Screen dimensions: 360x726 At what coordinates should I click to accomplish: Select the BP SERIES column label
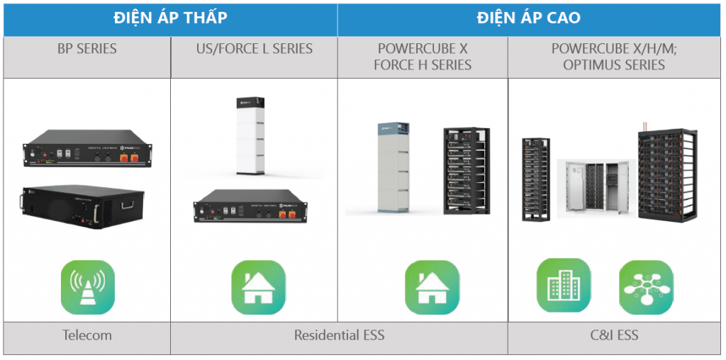87,49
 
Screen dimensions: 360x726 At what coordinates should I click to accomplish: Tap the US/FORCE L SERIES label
254,49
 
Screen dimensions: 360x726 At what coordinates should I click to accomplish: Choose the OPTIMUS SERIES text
614,65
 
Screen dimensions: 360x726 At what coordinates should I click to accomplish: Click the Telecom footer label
86,335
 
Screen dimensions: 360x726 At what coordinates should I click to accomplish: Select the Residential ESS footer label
339,335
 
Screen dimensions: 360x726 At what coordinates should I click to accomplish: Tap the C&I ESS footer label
614,334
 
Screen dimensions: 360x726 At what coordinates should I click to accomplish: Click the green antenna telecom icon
87,288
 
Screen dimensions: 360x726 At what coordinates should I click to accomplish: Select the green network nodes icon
646,288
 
